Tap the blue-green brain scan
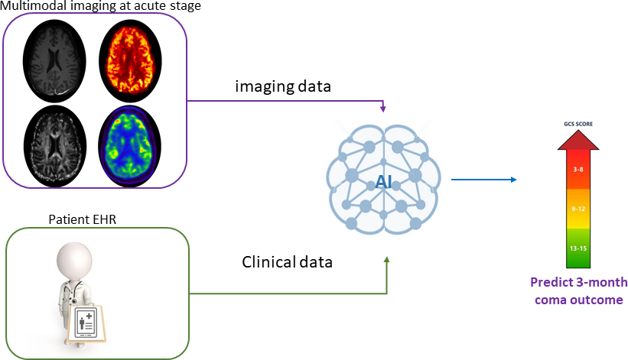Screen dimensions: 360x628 pyautogui.click(x=132, y=142)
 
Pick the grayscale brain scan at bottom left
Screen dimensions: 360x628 pyautogui.click(x=54, y=142)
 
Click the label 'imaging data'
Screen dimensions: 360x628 pyautogui.click(x=282, y=87)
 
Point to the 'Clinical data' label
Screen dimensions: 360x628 pyautogui.click(x=288, y=262)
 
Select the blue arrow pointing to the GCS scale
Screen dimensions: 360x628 pyautogui.click(x=483, y=180)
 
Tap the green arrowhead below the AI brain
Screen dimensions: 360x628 pyautogui.click(x=387, y=261)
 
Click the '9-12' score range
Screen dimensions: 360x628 pyautogui.click(x=578, y=207)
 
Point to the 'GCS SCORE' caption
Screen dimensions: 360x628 pyautogui.click(x=578, y=123)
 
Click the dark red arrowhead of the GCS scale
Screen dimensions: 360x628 pyautogui.click(x=578, y=139)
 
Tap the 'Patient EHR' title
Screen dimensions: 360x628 pyautogui.click(x=81, y=220)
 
